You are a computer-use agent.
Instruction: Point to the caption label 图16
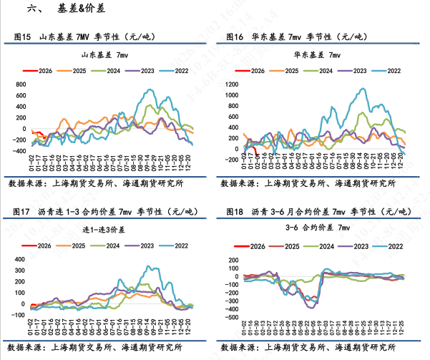pyautogui.click(x=233, y=36)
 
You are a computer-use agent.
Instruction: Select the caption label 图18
pyautogui.click(x=233, y=211)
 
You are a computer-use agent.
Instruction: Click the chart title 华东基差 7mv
pyautogui.click(x=318, y=54)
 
